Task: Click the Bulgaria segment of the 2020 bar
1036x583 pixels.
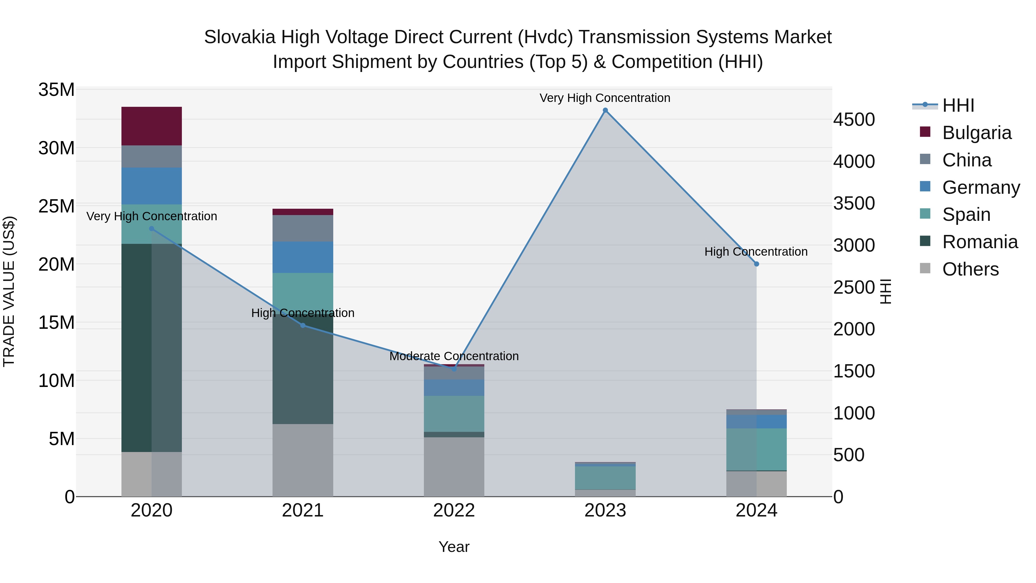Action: click(152, 126)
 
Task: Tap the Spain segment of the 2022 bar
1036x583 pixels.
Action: click(454, 414)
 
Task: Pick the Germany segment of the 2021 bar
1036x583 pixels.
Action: click(303, 257)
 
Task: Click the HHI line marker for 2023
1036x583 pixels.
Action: click(605, 110)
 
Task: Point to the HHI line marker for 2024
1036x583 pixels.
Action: click(757, 264)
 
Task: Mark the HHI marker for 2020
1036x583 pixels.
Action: click(152, 229)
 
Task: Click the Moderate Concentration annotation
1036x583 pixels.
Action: click(454, 356)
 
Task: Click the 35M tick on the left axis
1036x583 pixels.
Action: click(56, 90)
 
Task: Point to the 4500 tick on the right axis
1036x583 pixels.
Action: click(854, 119)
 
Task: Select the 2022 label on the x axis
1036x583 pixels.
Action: click(454, 510)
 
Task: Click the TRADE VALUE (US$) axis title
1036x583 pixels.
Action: click(9, 291)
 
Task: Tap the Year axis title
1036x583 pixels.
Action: click(454, 547)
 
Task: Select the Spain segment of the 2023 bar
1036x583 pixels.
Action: click(605, 478)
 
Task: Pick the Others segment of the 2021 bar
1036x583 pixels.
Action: click(303, 460)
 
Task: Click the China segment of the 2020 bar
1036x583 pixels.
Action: click(152, 157)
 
